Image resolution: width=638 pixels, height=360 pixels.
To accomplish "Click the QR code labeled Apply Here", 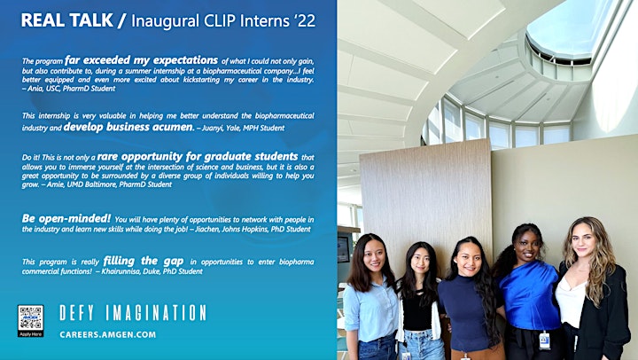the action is tap(30, 320).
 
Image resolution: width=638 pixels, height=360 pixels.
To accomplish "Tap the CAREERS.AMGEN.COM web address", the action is tap(108, 335).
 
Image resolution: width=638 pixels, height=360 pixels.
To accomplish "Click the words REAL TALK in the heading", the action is tap(67, 20).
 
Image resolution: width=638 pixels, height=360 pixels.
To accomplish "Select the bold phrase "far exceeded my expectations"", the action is tap(141, 60).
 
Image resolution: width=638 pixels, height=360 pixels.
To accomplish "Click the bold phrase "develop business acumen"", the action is tap(128, 127).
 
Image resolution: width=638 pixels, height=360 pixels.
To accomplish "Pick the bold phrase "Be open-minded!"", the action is tap(66, 219).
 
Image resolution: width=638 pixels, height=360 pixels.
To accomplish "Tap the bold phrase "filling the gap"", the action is tap(144, 261).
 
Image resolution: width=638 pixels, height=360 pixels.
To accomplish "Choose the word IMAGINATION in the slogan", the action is tap(156, 313).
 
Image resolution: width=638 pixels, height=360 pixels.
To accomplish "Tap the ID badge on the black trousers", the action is tap(544, 340).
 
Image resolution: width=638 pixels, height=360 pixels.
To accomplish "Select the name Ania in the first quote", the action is tap(34, 89).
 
